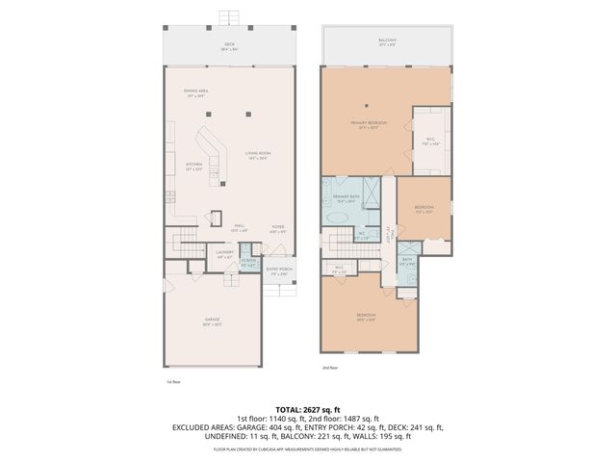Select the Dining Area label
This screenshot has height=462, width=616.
click(196, 93)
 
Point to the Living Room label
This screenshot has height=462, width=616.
click(256, 155)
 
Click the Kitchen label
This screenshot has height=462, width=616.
click(194, 167)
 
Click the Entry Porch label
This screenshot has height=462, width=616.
click(278, 270)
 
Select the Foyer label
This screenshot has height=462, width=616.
click(277, 229)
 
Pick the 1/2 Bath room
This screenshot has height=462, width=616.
click(248, 263)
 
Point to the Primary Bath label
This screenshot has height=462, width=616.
click(346, 199)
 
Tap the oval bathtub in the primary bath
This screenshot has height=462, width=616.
click(338, 218)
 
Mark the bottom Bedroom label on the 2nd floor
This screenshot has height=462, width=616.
click(366, 317)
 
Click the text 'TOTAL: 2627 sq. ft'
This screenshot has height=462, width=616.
click(307, 409)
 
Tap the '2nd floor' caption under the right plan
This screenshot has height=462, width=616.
click(331, 367)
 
